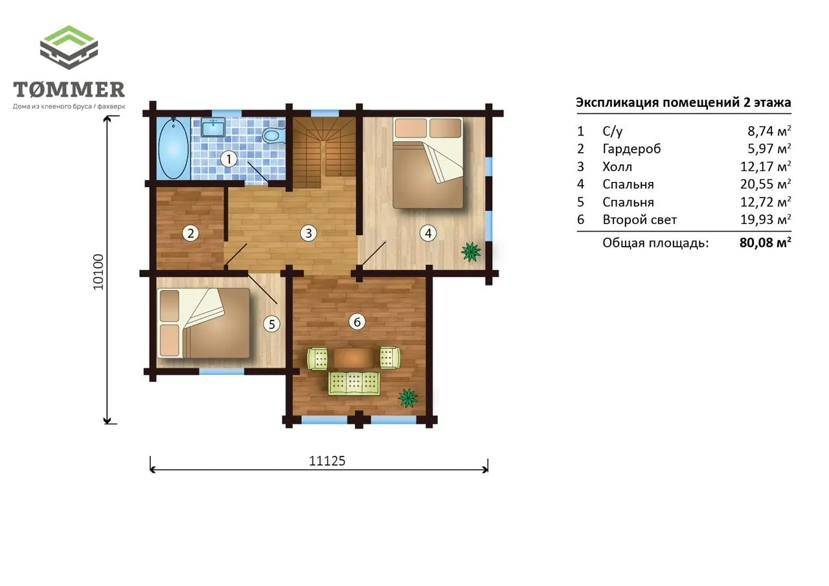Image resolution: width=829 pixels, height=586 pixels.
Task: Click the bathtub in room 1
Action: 173,148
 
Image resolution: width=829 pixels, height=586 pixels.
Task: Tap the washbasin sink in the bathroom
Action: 213,128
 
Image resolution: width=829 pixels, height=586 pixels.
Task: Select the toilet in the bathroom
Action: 273,135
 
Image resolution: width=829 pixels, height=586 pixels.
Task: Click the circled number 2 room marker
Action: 190,234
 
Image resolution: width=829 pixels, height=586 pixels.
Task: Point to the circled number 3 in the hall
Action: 308,234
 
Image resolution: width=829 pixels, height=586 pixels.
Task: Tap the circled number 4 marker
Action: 428,234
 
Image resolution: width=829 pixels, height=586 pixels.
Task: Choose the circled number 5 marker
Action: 271,324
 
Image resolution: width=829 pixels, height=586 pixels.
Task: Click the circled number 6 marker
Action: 357,322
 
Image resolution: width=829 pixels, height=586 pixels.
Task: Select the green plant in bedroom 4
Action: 471,252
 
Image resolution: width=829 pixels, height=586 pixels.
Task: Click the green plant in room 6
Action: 408,398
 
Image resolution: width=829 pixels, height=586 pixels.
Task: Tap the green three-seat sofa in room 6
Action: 354,383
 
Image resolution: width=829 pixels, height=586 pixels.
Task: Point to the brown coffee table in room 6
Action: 354,357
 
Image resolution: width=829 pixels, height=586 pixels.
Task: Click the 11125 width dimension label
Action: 327,461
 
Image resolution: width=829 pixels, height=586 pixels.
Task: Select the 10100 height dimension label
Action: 98,272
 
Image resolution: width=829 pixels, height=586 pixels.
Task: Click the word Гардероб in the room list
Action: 631,149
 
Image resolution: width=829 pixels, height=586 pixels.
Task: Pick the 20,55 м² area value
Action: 766,184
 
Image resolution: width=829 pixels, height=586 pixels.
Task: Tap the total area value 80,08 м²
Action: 766,243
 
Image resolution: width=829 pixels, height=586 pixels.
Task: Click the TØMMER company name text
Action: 69,89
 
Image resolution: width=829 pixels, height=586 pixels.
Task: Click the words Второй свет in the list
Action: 639,220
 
